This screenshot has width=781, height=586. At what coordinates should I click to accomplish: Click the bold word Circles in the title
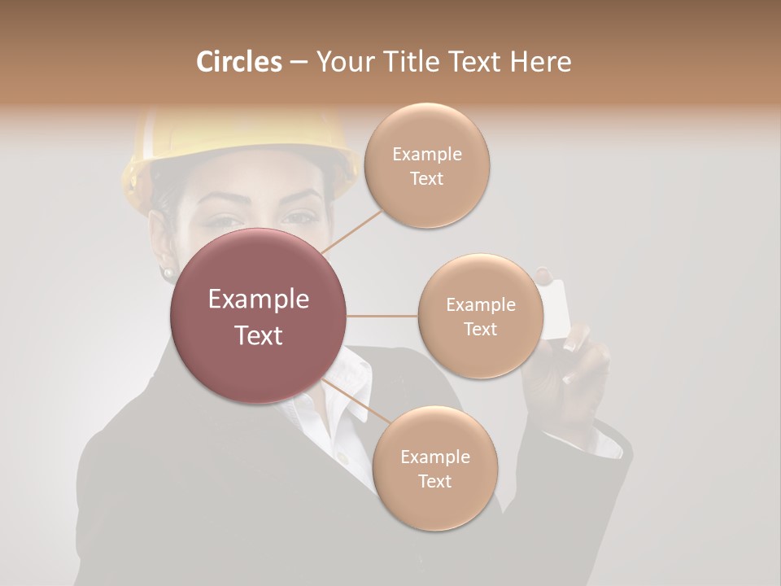(238, 62)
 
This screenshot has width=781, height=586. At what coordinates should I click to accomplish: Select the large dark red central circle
(259, 316)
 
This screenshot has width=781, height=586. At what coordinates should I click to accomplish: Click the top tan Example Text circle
(427, 165)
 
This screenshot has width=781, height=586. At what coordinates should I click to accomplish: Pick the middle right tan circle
(481, 317)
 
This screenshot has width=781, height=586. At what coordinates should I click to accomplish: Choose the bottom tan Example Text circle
(434, 469)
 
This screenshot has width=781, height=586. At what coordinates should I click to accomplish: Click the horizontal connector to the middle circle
(382, 316)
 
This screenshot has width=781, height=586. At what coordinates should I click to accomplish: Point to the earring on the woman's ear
(168, 271)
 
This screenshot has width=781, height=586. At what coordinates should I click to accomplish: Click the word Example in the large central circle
(259, 300)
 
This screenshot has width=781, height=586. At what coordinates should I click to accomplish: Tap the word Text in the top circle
(427, 179)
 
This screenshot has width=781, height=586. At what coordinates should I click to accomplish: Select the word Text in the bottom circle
(434, 482)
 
